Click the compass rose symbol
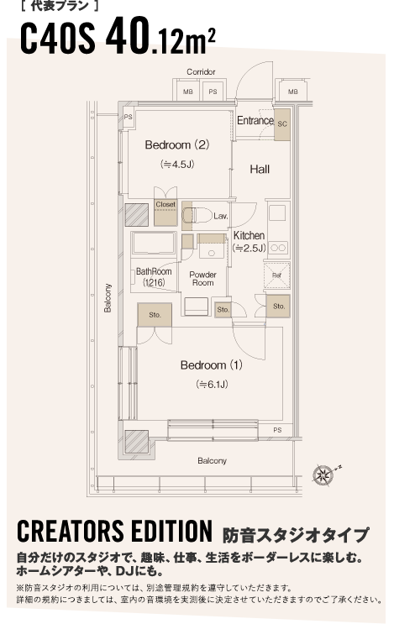(323, 475)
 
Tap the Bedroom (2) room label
(177, 144)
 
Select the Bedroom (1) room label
(212, 365)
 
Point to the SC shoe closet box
(282, 124)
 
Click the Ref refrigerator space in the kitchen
(277, 275)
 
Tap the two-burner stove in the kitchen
(278, 248)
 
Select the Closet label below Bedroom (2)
(165, 204)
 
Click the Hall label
(260, 170)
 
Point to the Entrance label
(255, 120)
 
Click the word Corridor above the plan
(201, 71)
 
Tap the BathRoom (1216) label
(154, 277)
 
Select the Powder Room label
(203, 279)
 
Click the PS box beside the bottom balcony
(277, 430)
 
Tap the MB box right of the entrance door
(293, 92)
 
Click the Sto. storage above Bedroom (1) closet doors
(155, 315)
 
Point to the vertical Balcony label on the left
(108, 298)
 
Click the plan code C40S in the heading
(58, 38)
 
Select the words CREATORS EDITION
(114, 532)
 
